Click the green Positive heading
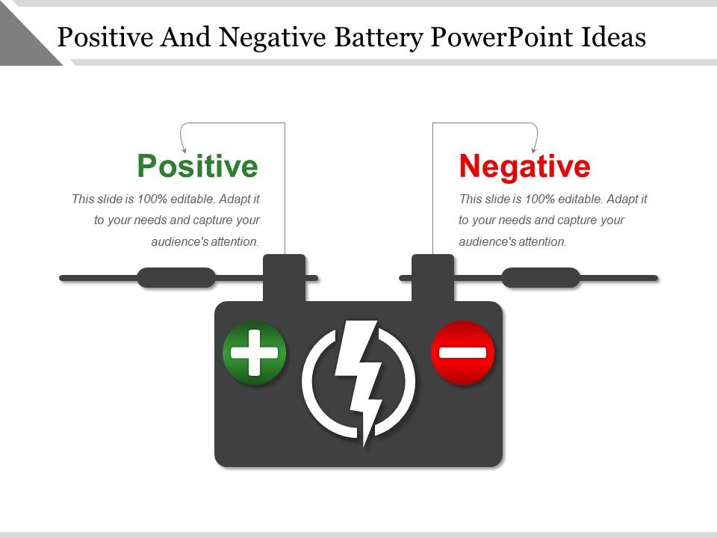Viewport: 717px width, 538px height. click(x=197, y=166)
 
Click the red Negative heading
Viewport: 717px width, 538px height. click(x=524, y=166)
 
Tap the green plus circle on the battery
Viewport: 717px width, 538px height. click(x=254, y=352)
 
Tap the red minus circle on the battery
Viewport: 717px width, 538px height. click(x=463, y=352)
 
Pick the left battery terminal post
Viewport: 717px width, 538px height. click(x=284, y=277)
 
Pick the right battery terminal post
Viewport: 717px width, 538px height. click(x=433, y=277)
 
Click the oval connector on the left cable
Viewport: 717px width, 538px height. click(x=176, y=278)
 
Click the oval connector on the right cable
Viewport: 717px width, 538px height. click(x=541, y=278)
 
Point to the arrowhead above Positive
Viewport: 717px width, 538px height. click(x=184, y=150)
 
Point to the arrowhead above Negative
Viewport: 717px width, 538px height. click(x=534, y=150)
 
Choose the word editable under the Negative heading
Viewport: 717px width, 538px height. click(x=582, y=200)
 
